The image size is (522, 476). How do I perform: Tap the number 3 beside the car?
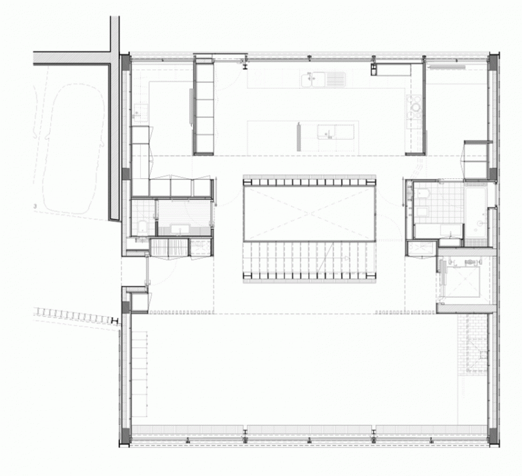click(35, 206)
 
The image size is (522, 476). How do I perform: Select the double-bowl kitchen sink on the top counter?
click(324, 79)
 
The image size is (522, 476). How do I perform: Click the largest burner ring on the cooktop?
click(416, 107)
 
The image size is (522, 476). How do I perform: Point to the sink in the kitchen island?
click(326, 131)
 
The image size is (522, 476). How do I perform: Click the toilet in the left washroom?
click(143, 227)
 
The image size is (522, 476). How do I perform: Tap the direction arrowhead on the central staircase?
click(347, 258)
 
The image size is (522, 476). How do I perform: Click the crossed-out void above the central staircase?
click(309, 213)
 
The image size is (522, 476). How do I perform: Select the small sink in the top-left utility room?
click(141, 110)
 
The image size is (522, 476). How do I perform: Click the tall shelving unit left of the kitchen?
click(204, 107)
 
